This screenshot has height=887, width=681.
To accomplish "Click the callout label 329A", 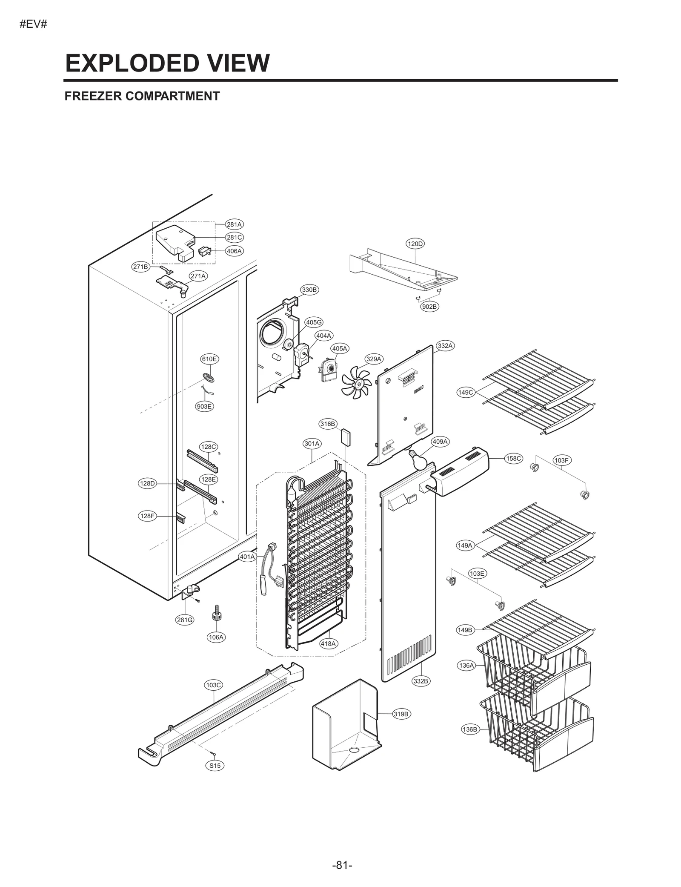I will coord(374,359).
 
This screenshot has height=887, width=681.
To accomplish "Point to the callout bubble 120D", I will coord(415,244).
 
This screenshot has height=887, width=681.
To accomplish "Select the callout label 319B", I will coord(401,714).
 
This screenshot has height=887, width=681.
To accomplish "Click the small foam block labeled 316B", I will coord(346,437).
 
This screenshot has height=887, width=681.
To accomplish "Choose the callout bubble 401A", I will coord(247,557).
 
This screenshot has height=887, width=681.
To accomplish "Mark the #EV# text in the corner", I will coord(33,24).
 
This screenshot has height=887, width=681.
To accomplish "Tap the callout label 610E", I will coord(209,359).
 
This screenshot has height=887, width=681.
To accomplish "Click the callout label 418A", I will coord(328,643).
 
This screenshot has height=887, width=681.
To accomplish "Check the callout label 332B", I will coord(421,681).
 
